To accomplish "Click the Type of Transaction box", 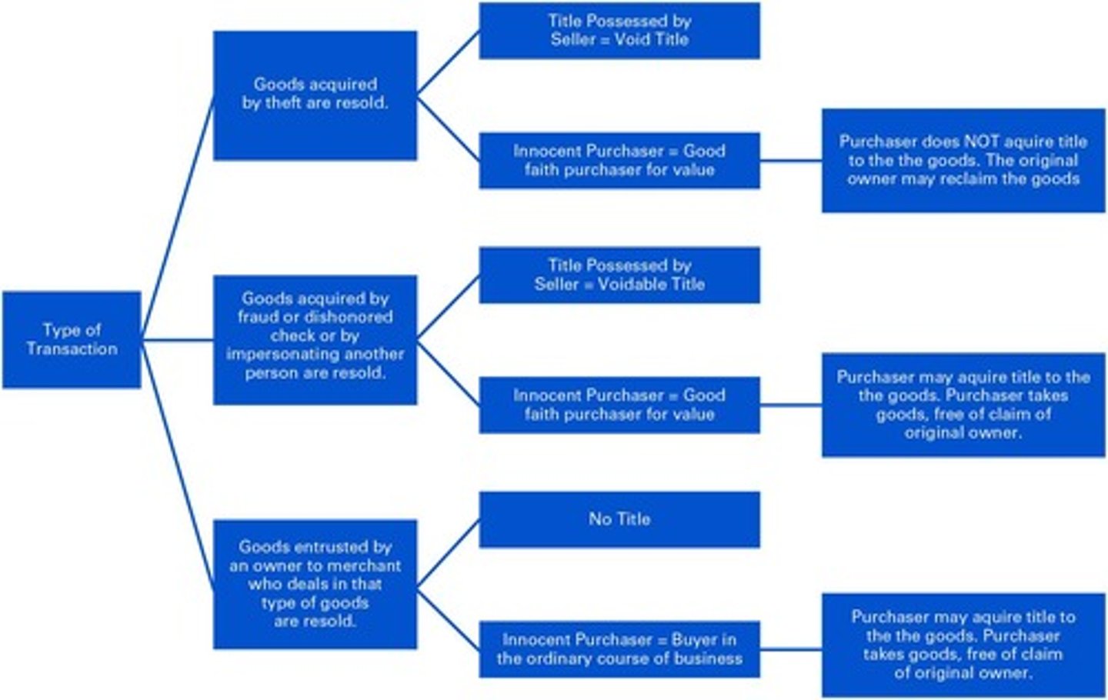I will (72, 339).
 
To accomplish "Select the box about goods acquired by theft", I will (315, 95).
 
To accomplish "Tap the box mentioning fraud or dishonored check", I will (315, 339).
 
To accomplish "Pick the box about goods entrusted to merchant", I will (315, 584).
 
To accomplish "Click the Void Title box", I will (619, 31).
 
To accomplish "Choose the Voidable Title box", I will (619, 275).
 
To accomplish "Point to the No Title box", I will (619, 519).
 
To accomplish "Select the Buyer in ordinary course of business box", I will (619, 649).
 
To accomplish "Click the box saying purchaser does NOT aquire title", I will (963, 160).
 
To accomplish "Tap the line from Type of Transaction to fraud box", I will (177, 339).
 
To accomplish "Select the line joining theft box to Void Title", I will (448, 63).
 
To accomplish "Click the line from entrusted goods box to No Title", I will (448, 552).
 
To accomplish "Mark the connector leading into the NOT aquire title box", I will (791, 161).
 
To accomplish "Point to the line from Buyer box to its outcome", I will (791, 649).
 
